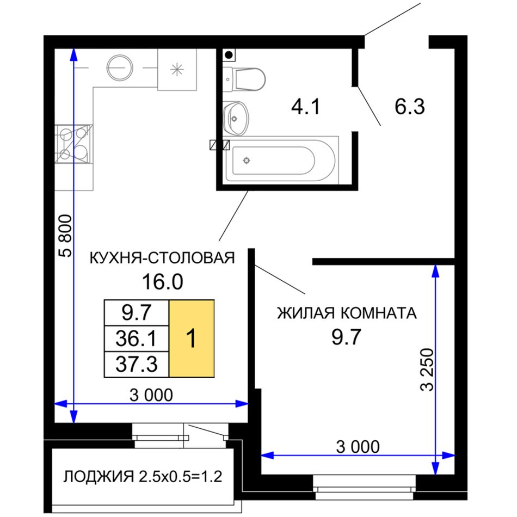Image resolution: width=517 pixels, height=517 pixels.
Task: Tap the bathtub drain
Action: (x=247, y=161)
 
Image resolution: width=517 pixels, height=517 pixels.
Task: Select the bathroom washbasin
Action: (x=236, y=118)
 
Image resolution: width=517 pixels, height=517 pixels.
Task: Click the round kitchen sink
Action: (x=119, y=67)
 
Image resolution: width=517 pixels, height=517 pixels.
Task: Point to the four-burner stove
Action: (x=73, y=144)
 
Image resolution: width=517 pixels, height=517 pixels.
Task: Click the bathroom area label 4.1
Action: (x=305, y=107)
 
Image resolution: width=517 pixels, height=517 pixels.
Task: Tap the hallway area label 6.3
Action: (x=409, y=107)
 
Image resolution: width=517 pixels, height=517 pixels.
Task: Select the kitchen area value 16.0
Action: (x=162, y=282)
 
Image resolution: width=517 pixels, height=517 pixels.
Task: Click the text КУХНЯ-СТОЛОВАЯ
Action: (x=162, y=258)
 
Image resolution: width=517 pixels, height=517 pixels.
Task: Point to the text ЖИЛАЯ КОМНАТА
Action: (x=347, y=313)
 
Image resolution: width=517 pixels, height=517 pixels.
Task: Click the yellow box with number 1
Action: (x=192, y=338)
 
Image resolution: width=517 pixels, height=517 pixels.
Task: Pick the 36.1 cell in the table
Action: (x=137, y=338)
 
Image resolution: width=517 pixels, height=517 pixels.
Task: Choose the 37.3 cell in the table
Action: (x=137, y=364)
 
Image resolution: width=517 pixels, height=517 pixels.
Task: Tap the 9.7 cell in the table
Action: (x=137, y=313)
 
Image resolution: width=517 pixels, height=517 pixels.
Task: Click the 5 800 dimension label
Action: (x=65, y=236)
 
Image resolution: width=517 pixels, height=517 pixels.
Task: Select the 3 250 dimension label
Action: (x=427, y=370)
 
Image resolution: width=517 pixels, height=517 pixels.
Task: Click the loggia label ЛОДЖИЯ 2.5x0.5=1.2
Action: (x=143, y=477)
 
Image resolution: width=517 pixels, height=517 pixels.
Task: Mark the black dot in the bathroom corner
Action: (x=229, y=55)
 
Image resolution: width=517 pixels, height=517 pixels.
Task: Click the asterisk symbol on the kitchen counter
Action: (x=177, y=70)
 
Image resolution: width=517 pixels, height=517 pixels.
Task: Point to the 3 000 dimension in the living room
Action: (x=358, y=447)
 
